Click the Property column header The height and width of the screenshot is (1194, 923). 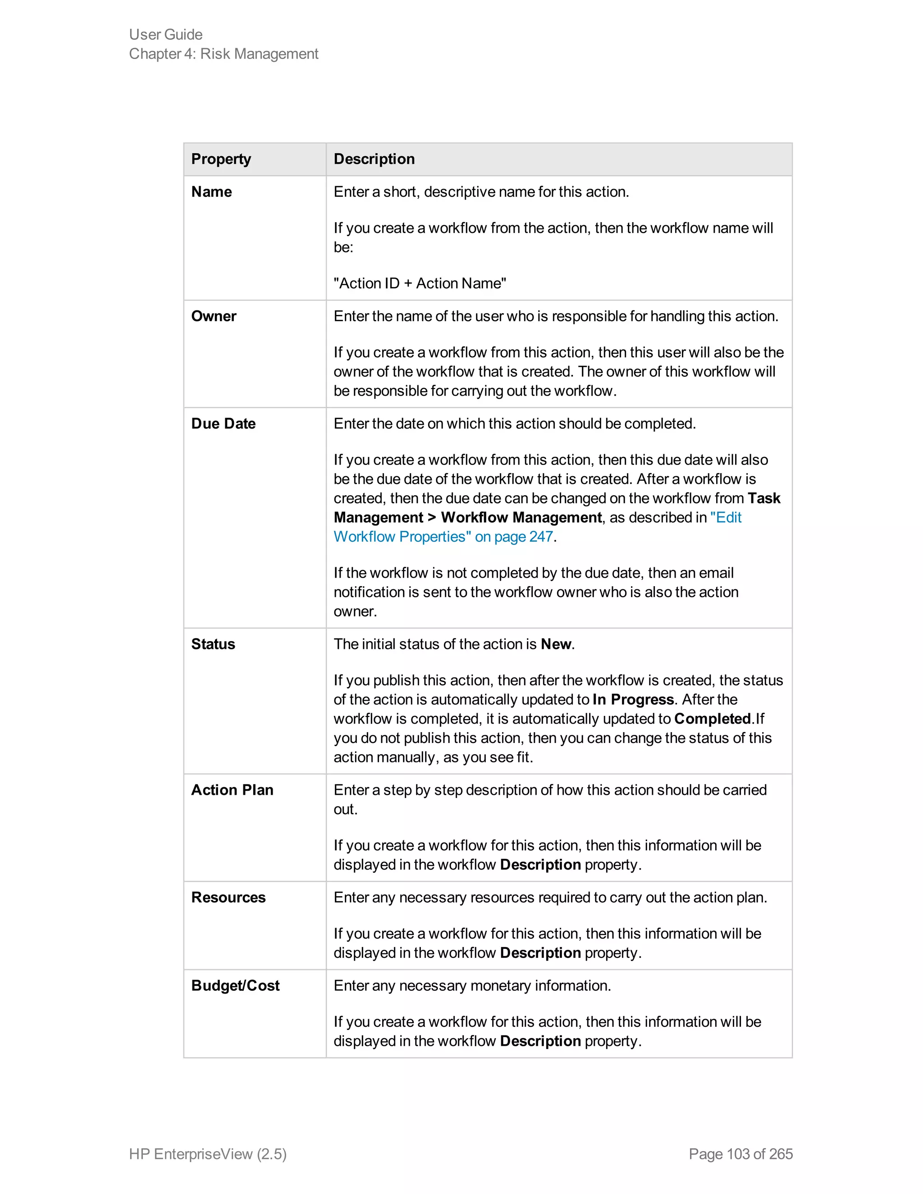click(221, 159)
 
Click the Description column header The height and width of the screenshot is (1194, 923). click(374, 159)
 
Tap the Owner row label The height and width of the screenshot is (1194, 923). click(214, 317)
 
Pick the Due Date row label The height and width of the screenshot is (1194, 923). click(223, 424)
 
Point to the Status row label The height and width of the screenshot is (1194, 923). click(213, 644)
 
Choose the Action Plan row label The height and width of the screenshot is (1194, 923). click(232, 790)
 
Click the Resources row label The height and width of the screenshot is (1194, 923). click(228, 897)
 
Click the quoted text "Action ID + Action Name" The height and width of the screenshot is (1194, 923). click(420, 283)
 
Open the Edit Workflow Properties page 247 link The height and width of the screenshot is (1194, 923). click(443, 537)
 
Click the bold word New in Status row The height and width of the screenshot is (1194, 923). click(556, 644)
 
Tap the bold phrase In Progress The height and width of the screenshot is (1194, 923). click(633, 700)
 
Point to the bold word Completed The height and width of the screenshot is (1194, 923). click(712, 719)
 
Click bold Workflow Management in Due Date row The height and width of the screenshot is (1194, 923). click(521, 518)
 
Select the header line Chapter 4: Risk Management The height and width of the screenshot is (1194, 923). click(223, 54)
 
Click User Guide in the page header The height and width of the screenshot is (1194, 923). click(166, 34)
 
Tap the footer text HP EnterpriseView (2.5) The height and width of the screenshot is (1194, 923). click(208, 1153)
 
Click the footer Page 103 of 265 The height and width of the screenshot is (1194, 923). click(740, 1153)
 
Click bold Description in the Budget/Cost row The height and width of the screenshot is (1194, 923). click(540, 1041)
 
